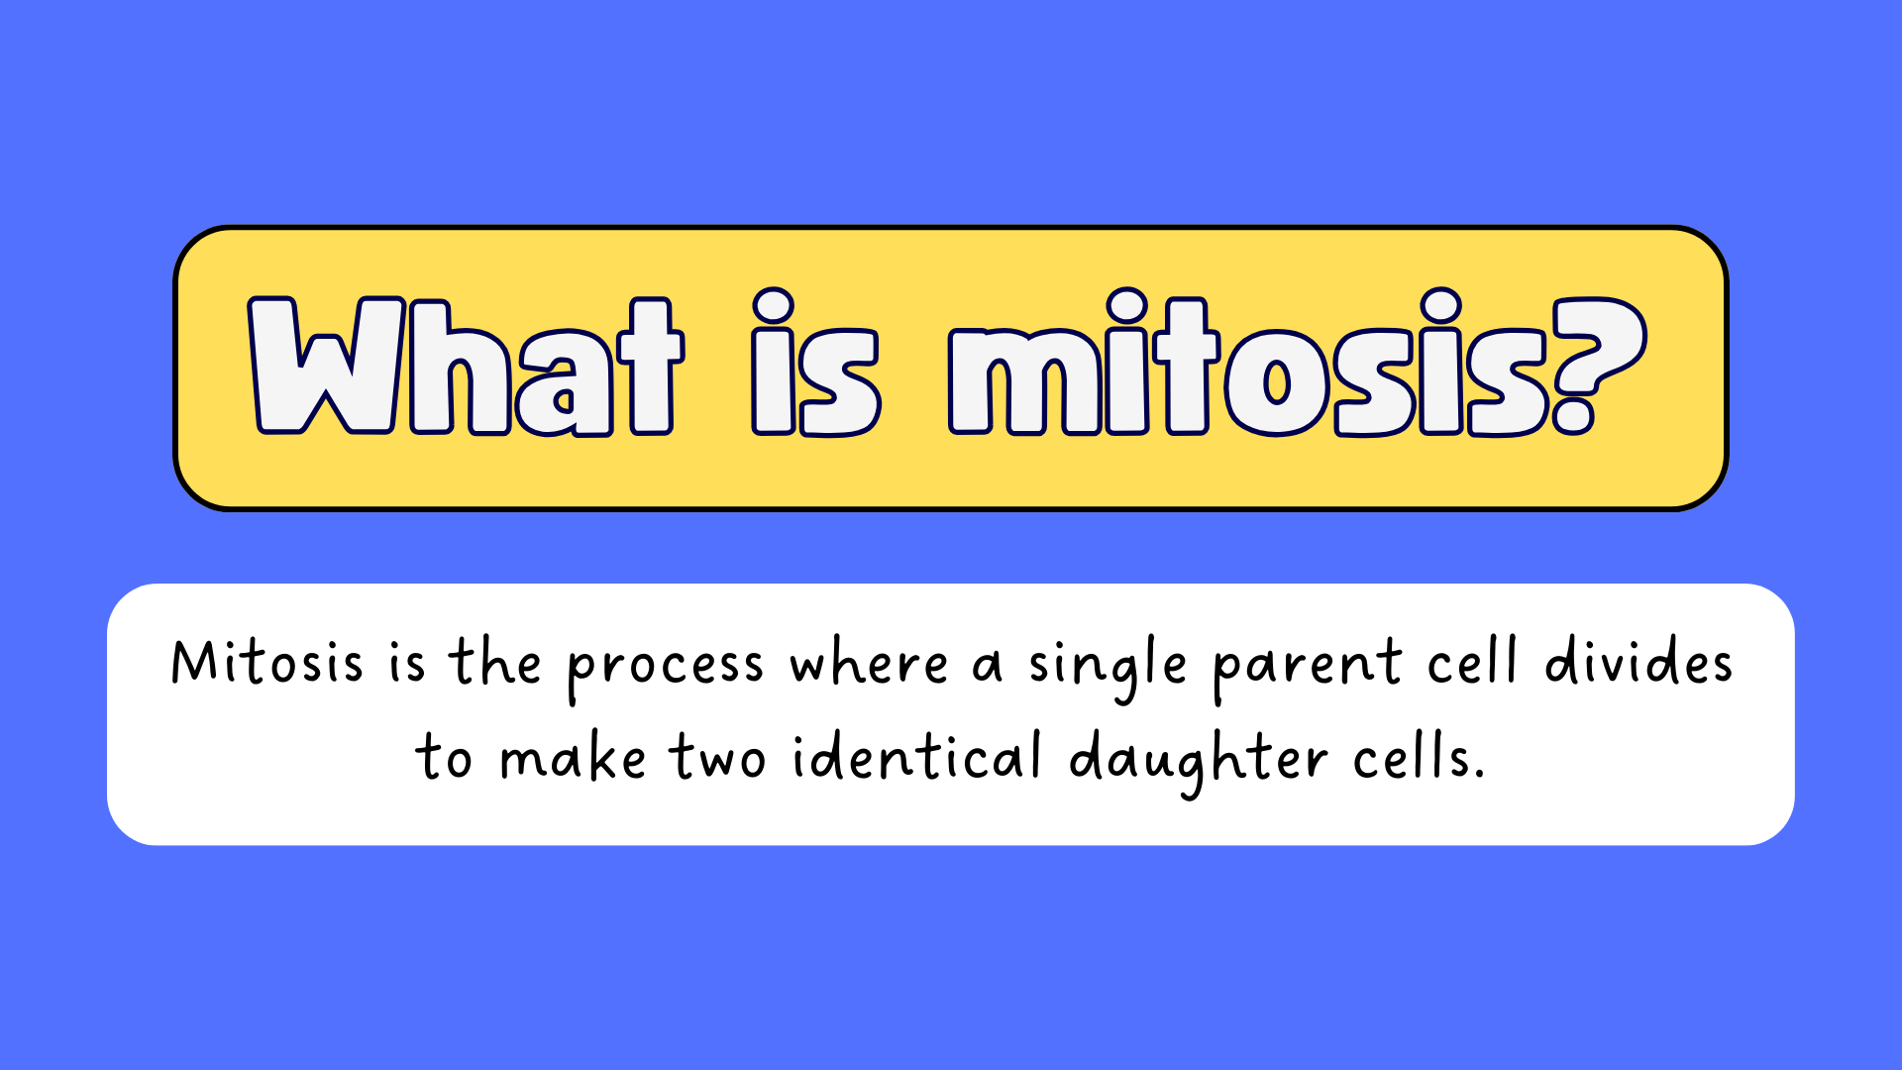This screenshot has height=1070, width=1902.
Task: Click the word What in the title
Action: [466, 366]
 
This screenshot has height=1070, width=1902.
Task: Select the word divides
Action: [1638, 661]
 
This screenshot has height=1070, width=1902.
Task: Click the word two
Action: [718, 758]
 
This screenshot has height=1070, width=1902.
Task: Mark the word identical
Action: [917, 756]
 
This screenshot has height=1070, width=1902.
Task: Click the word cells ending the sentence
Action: [1419, 756]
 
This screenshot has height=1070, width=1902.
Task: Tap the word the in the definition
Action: [495, 661]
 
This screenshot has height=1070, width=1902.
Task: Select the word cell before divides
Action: [1472, 661]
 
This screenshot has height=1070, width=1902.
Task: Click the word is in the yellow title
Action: [815, 363]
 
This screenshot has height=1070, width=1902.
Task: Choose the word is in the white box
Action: [407, 663]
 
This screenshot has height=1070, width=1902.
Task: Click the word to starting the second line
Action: [443, 758]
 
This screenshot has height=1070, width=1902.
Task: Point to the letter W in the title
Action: [327, 365]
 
